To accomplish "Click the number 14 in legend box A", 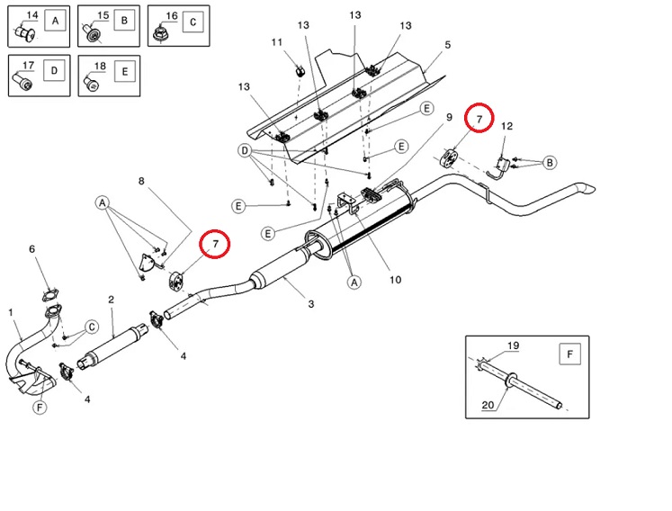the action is coord(32,15).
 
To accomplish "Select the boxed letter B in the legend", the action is coord(124,21).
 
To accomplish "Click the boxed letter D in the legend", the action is coord(54,71).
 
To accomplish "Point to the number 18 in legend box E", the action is coord(100,66).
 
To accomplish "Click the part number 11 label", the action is coord(277,42).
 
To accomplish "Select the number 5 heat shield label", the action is coord(447,45).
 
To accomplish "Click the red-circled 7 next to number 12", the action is coord(479,118).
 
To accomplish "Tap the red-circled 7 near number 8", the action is coord(215,244).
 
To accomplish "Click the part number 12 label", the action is coord(506,126).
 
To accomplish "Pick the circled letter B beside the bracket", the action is coord(550,163).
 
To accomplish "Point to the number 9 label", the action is coord(449,117).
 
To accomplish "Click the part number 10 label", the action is coord(395,280).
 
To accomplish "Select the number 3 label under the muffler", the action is coord(311,304).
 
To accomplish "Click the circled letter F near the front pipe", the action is coord(40,407).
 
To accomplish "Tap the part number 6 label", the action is coord(31,249).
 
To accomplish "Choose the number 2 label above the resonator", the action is coord(111,300).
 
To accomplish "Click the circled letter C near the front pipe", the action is coord(92,327).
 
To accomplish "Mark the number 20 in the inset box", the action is coord(488,405).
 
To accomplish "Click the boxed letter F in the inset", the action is coord(570,354).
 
